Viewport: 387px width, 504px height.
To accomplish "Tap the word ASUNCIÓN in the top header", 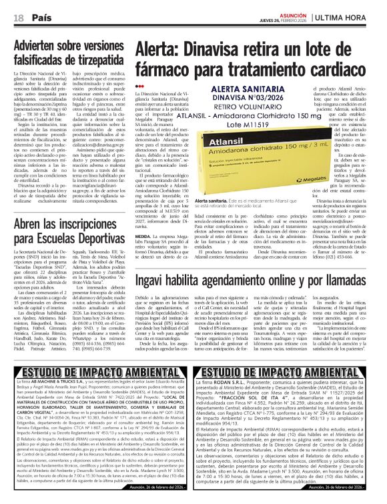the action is tap(293, 13).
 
